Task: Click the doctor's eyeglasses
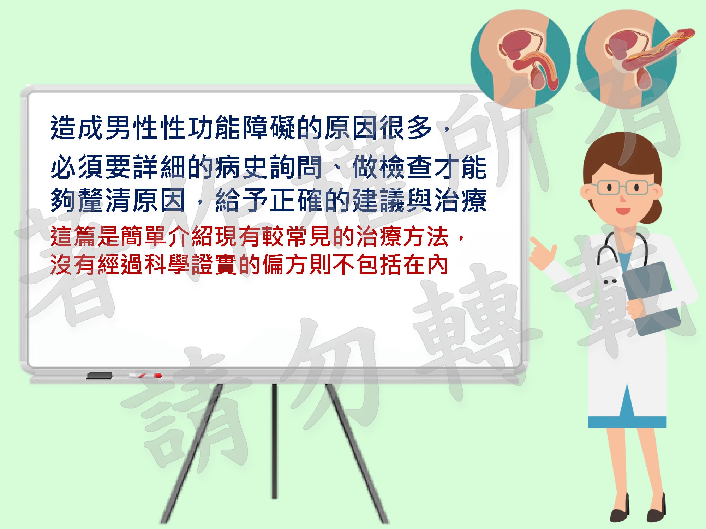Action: tap(622, 187)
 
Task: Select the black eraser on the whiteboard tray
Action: tap(99, 376)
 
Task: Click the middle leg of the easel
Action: tap(274, 441)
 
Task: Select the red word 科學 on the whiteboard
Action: tap(168, 264)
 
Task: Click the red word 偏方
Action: tap(286, 264)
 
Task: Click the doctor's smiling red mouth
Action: tap(622, 211)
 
